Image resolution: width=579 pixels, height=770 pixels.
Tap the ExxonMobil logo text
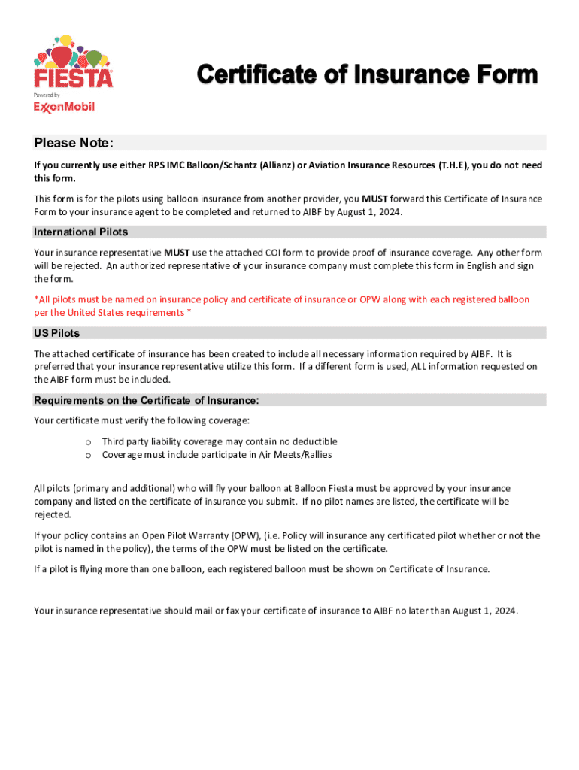(x=64, y=107)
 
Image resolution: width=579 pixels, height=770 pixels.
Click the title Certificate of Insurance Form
(x=368, y=75)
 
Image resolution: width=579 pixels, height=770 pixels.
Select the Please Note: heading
(x=74, y=144)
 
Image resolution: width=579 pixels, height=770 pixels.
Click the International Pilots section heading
(x=81, y=232)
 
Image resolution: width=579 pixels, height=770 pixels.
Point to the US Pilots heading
(x=57, y=333)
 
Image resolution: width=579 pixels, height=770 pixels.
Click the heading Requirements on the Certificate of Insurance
(x=147, y=400)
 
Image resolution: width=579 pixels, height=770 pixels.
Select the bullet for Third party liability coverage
(x=88, y=442)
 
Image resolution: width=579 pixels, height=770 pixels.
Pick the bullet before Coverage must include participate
(x=88, y=456)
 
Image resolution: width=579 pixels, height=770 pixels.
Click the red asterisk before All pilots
(x=36, y=299)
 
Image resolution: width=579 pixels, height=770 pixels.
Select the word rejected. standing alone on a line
(x=53, y=515)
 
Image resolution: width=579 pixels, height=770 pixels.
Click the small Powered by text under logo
(x=47, y=95)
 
